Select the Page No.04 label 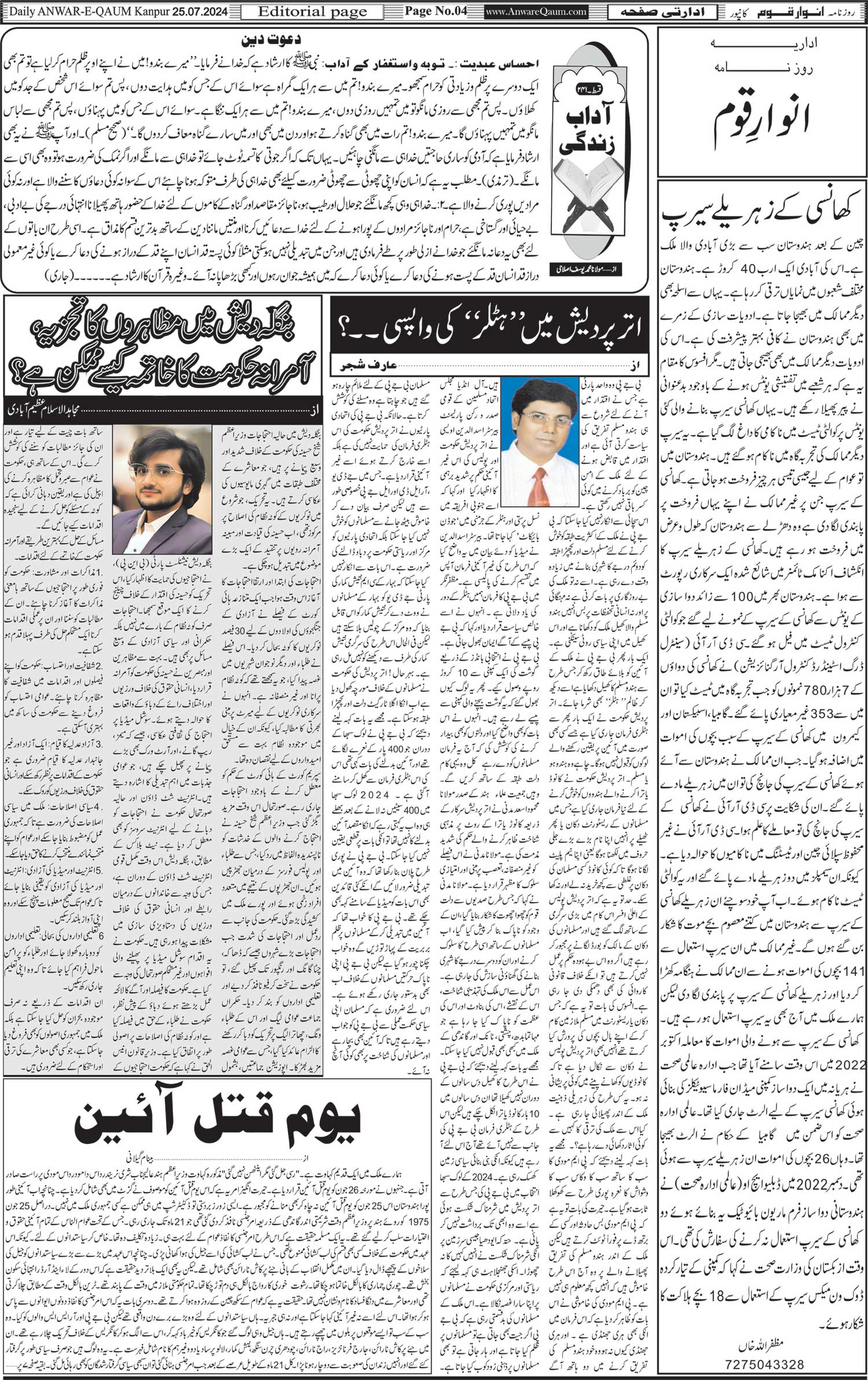435,11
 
